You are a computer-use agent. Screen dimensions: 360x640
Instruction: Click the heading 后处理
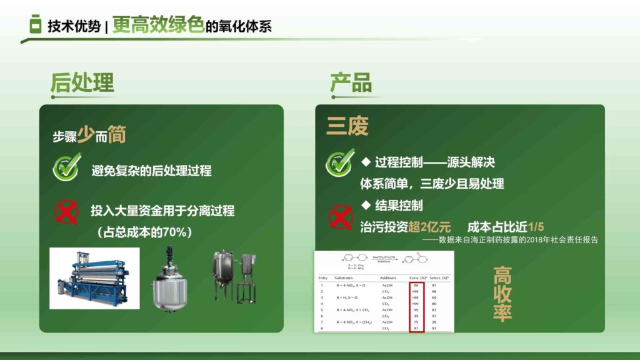click(82, 83)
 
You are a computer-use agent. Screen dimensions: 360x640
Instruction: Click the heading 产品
click(351, 83)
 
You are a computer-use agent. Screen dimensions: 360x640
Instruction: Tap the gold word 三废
click(347, 126)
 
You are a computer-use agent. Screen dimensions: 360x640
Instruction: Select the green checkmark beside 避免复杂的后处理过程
click(66, 168)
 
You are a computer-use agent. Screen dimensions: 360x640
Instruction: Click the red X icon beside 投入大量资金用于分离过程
click(66, 212)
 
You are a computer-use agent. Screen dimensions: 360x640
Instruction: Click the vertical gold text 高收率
click(502, 294)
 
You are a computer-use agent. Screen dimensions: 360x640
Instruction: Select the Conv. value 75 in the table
click(416, 322)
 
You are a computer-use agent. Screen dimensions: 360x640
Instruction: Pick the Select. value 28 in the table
click(434, 322)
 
